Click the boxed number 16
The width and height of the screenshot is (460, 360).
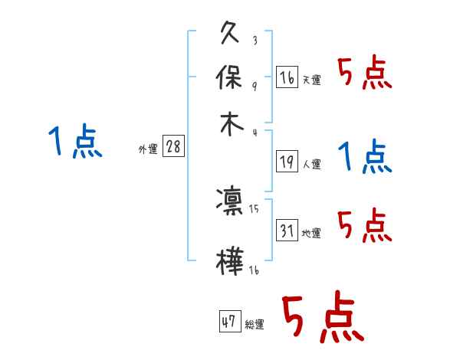tap(287, 78)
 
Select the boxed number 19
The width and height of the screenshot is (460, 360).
tap(287, 162)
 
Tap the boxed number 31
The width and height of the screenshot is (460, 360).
tap(287, 231)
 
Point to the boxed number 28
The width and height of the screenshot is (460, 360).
tap(173, 147)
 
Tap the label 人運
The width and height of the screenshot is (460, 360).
tap(311, 164)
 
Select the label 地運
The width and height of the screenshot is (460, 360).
tap(311, 233)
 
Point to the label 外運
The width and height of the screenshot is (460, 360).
tap(148, 150)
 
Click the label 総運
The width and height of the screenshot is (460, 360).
tap(254, 325)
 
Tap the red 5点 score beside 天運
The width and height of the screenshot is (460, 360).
tap(365, 74)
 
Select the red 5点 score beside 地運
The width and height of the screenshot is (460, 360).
tap(365, 225)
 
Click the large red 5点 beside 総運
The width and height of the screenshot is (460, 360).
tap(321, 318)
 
